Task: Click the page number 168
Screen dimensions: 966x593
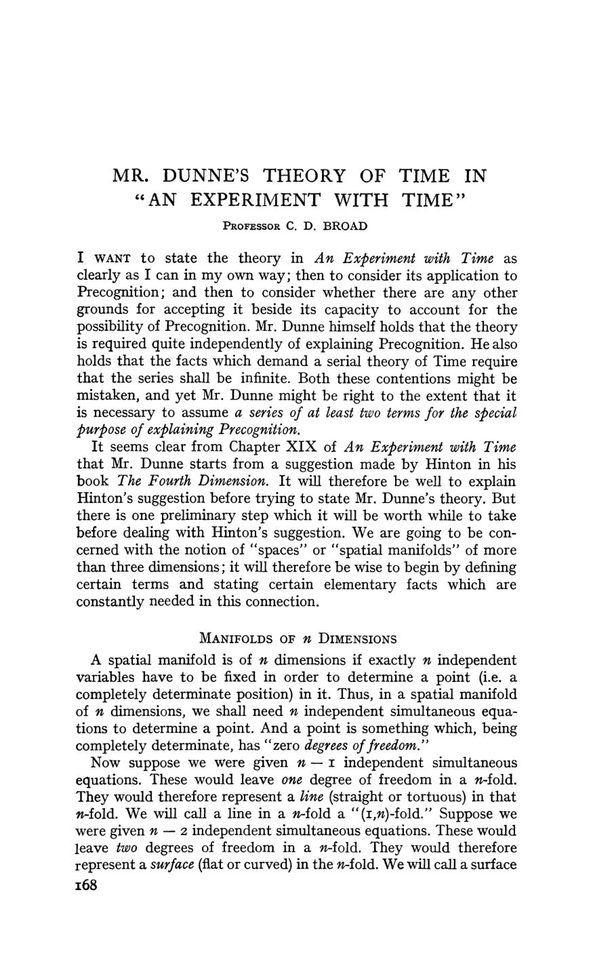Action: coord(88,887)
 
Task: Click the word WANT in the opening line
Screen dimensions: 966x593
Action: coord(112,258)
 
